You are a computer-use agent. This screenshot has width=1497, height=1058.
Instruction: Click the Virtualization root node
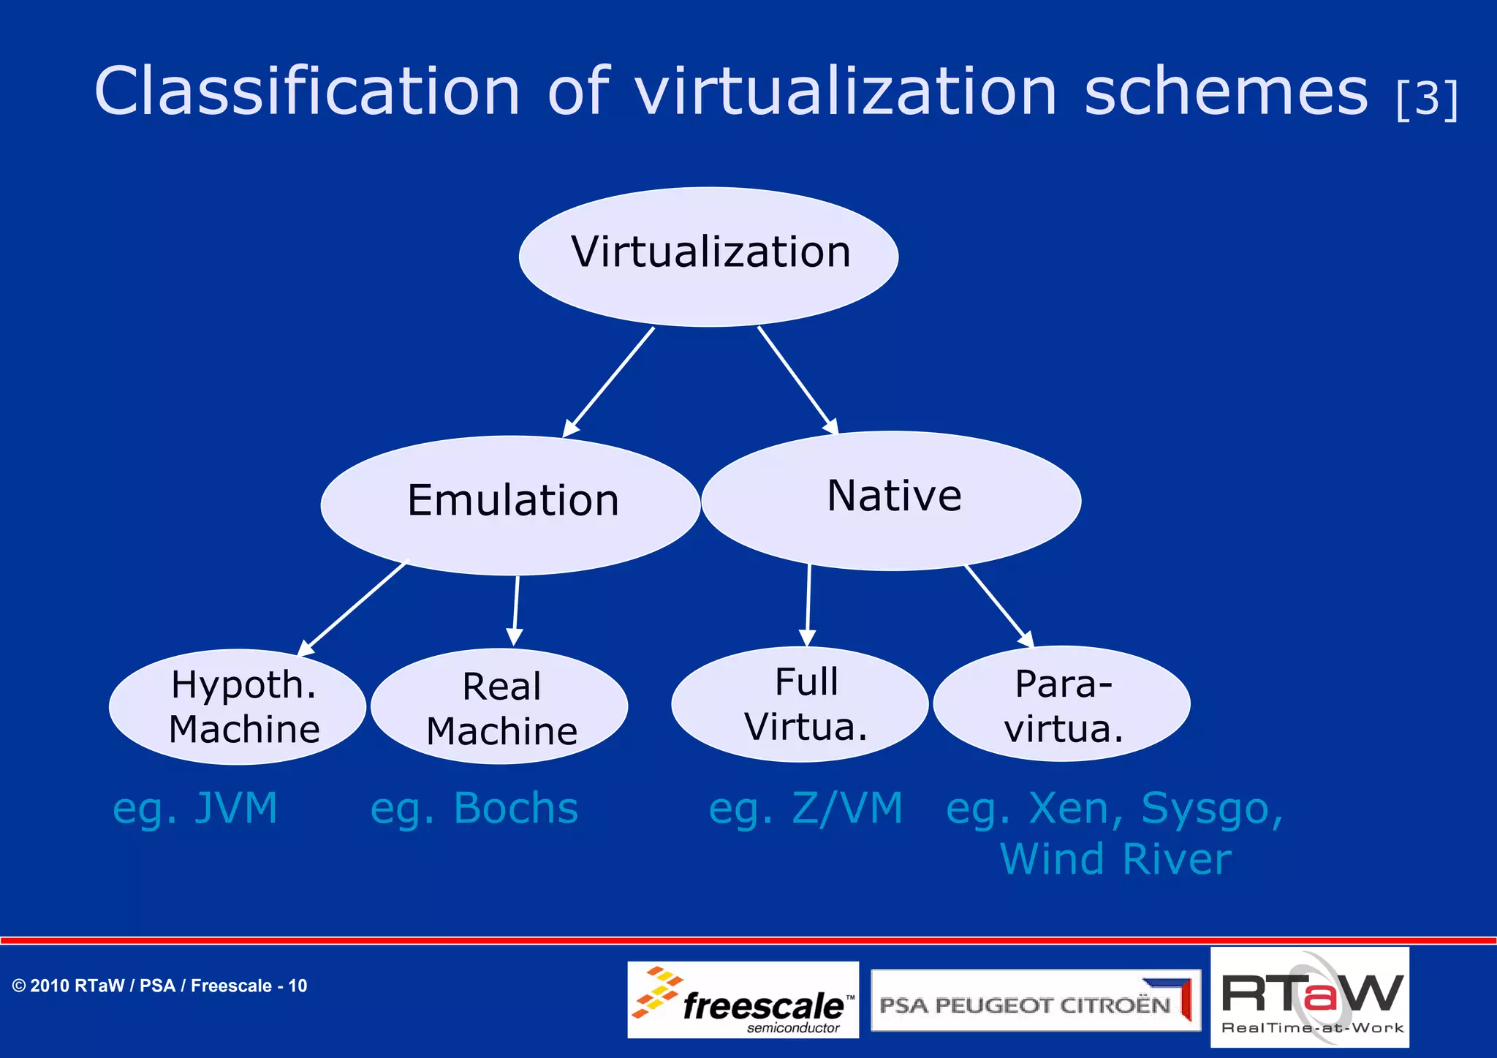(708, 256)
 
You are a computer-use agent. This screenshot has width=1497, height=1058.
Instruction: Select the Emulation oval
(511, 505)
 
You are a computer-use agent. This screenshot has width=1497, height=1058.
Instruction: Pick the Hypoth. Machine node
(238, 706)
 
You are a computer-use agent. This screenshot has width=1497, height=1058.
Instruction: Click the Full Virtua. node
(800, 703)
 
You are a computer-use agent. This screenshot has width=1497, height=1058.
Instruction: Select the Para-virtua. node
(1061, 703)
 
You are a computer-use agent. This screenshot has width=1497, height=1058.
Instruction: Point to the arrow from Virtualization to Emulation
(609, 382)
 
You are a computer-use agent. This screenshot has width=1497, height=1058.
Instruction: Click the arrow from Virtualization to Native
(797, 379)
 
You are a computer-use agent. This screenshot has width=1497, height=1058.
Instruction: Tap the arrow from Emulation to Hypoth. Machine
(354, 607)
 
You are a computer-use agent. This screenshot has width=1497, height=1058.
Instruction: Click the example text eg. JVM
(195, 809)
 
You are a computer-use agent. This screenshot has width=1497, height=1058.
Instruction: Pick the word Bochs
(516, 808)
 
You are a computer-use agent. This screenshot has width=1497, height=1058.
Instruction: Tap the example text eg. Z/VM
(806, 809)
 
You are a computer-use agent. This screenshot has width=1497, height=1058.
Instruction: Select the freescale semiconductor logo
(743, 1000)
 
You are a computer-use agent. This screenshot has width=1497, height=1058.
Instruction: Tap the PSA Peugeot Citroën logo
(1035, 1000)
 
